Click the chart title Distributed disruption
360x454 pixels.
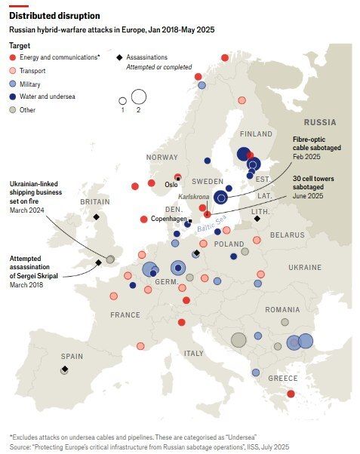[x=54, y=15]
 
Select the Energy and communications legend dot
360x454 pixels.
[x=13, y=57]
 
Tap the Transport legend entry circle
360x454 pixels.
[x=13, y=71]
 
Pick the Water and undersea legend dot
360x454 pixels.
[x=13, y=97]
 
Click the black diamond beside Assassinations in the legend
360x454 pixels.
[x=119, y=57]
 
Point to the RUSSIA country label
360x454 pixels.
[x=319, y=121]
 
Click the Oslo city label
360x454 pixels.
[x=171, y=184]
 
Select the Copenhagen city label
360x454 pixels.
[x=169, y=219]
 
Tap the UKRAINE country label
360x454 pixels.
[x=304, y=267]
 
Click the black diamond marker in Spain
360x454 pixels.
[x=65, y=370]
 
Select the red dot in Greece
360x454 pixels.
[x=291, y=394]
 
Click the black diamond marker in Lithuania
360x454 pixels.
[x=257, y=219]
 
